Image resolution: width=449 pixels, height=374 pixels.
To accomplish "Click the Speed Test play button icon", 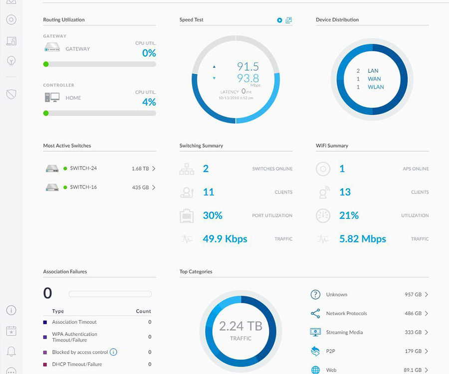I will click(x=280, y=20).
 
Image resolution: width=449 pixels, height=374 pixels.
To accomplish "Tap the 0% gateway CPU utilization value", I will click(x=149, y=53).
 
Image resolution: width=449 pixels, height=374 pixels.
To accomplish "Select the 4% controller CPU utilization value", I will click(x=149, y=102).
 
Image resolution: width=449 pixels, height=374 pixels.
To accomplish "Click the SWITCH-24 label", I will click(x=83, y=168).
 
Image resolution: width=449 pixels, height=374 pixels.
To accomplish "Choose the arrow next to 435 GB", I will click(x=154, y=187).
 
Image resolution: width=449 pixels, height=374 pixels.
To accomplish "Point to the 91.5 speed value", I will click(x=248, y=67).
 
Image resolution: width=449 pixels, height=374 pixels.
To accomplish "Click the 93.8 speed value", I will click(x=248, y=78).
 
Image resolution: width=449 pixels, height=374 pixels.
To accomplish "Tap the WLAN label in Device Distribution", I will click(x=376, y=87).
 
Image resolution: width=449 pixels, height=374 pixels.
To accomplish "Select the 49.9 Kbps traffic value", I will click(x=225, y=239).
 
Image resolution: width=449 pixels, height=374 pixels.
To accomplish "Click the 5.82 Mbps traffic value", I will click(x=363, y=239).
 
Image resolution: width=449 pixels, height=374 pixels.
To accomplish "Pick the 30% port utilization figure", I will click(x=213, y=215).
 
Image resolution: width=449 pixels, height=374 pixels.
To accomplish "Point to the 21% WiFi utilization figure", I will click(x=349, y=215).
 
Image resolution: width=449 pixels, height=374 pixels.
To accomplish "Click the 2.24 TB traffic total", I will click(x=240, y=326).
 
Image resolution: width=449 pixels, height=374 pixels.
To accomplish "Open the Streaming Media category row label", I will click(x=344, y=332).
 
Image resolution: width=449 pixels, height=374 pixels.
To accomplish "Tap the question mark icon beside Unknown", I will click(x=315, y=295).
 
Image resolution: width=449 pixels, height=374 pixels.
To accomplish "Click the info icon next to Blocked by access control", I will click(x=113, y=352).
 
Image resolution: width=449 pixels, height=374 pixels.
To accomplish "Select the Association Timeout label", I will click(x=74, y=322).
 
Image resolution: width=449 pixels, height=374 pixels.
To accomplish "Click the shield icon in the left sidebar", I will click(x=11, y=94).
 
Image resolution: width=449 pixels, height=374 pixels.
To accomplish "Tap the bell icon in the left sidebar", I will click(x=11, y=352).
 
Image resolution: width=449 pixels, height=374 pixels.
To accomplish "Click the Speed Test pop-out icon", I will click(x=288, y=20).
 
